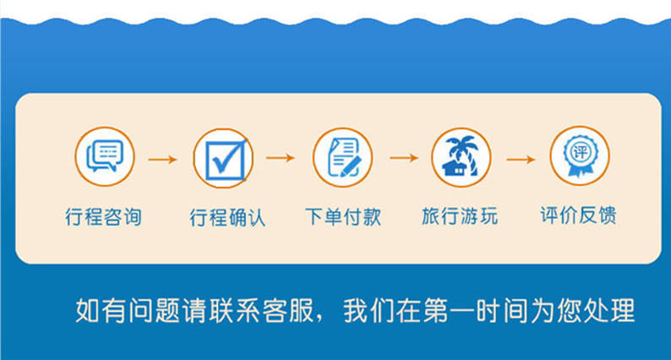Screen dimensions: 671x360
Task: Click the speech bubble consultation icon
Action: tap(105, 156)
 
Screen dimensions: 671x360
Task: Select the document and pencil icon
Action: tap(342, 157)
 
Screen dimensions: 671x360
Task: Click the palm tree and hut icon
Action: tap(461, 157)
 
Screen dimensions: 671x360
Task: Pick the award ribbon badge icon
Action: tap(580, 155)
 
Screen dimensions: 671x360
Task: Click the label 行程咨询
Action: tap(103, 216)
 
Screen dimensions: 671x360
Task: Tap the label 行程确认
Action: tap(227, 217)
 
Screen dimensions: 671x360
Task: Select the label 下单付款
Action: tap(343, 216)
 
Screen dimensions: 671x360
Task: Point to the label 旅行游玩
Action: tap(460, 215)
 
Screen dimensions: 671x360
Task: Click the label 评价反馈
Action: tap(578, 215)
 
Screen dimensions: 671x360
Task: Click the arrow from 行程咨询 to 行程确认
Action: tap(162, 160)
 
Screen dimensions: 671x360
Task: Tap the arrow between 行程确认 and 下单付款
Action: tap(281, 158)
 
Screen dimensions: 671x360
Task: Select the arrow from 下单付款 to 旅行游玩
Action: tap(404, 158)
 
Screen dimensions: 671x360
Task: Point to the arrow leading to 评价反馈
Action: tap(521, 160)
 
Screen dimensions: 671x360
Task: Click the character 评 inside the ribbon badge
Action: tap(580, 151)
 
